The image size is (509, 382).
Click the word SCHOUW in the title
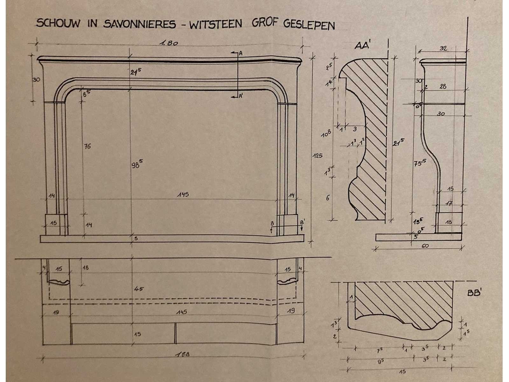click(x=58, y=23)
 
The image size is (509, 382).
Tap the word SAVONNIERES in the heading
click(x=139, y=24)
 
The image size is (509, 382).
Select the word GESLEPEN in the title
click(x=309, y=25)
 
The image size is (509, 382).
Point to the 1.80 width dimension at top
click(x=168, y=43)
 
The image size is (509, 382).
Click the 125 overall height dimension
click(x=317, y=156)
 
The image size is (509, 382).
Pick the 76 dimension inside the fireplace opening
click(x=87, y=146)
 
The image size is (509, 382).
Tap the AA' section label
click(x=363, y=46)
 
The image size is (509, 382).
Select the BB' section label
click(x=474, y=293)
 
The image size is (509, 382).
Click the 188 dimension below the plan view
click(x=183, y=354)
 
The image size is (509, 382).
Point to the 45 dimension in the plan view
click(x=139, y=289)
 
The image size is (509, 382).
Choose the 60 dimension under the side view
click(x=425, y=246)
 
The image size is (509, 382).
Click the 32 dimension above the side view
click(x=443, y=48)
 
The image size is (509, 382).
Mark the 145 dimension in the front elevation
click(x=183, y=194)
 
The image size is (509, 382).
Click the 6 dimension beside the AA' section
click(x=328, y=198)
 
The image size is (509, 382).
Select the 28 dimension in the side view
click(x=443, y=86)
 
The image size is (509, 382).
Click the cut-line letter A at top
click(x=241, y=54)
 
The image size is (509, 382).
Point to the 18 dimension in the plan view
click(x=86, y=268)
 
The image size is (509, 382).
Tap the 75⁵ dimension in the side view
click(x=420, y=163)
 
